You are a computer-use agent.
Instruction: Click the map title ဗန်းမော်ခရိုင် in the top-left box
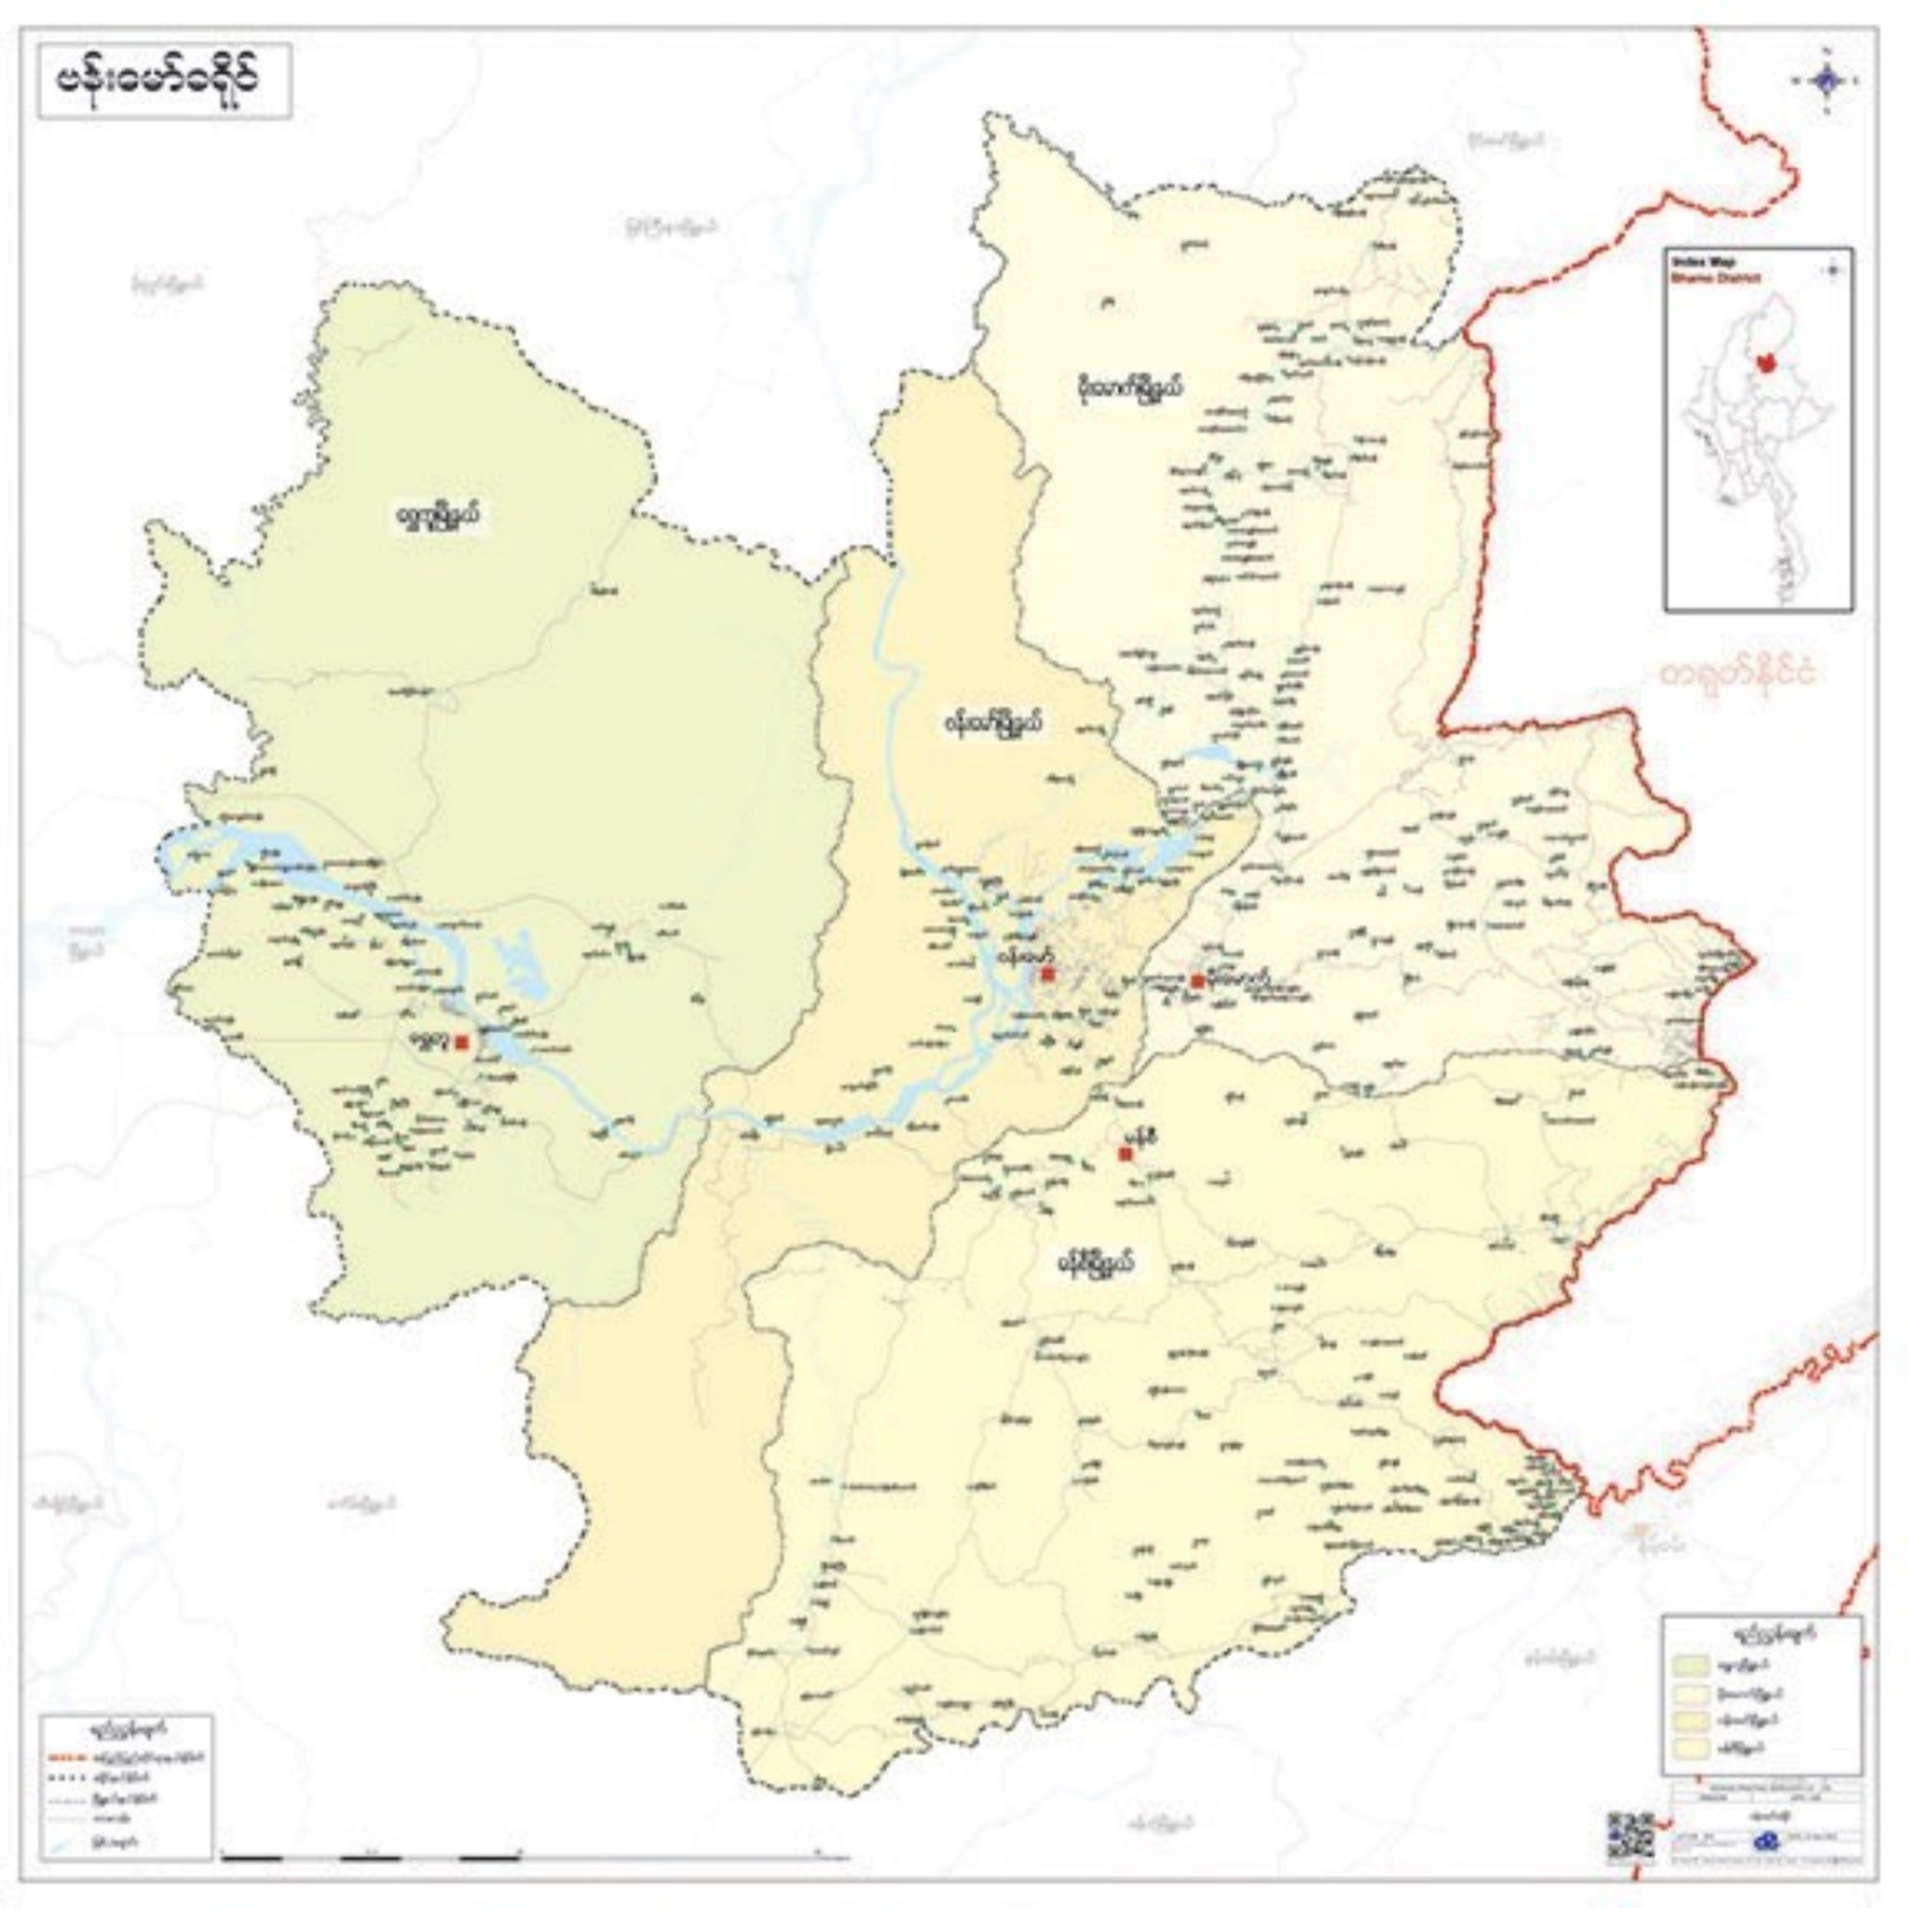pyautogui.click(x=164, y=81)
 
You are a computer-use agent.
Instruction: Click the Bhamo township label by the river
pyautogui.click(x=989, y=724)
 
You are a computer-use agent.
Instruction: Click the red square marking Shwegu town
pyautogui.click(x=462, y=1042)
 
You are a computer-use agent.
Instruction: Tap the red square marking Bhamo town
pyautogui.click(x=1048, y=974)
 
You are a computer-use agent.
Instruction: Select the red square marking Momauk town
pyautogui.click(x=1197, y=981)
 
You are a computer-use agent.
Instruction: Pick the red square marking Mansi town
pyautogui.click(x=1124, y=1153)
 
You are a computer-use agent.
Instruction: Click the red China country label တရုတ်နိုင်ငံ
pyautogui.click(x=1733, y=674)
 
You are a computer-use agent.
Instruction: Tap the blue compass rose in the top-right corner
pyautogui.click(x=1825, y=81)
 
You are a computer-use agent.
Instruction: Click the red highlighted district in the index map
pyautogui.click(x=1765, y=362)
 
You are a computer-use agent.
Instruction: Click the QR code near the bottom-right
pyautogui.click(x=1629, y=1835)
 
